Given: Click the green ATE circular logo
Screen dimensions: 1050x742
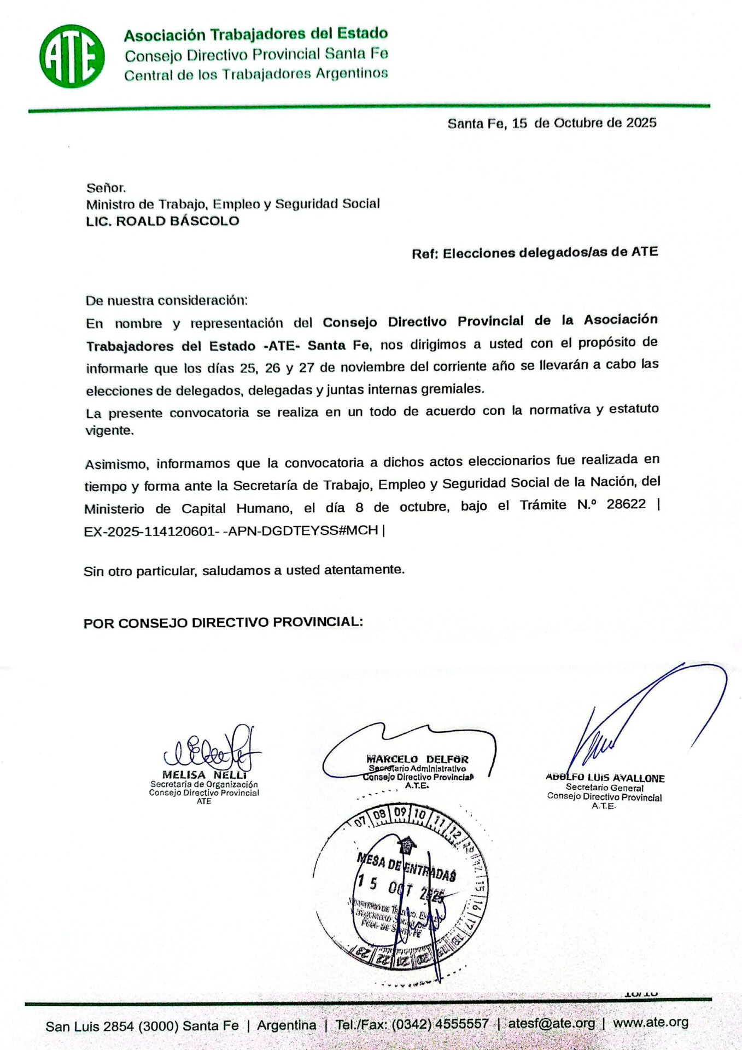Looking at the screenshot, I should tap(72, 56).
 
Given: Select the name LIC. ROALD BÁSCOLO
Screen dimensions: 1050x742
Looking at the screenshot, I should tap(162, 221).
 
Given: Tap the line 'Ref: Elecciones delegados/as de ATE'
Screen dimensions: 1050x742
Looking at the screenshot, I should tap(534, 253).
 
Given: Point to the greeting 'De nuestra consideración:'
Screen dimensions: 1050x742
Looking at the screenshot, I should tap(166, 300).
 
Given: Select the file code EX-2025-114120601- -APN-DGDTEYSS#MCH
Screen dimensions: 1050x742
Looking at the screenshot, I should tap(231, 530).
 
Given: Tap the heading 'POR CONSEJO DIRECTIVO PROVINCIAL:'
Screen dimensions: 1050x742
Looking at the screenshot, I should tap(223, 623).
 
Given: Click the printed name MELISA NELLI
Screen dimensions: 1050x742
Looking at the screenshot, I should tap(205, 775).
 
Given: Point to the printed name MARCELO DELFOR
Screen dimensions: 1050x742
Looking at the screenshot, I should tap(417, 759).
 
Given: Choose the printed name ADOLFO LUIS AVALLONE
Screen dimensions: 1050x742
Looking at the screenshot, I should tap(605, 778).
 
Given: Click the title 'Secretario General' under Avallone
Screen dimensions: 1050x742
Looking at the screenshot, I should tap(604, 788).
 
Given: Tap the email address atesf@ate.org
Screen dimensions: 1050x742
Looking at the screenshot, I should tap(551, 1023).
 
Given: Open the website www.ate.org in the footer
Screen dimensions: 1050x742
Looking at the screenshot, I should tap(650, 1023).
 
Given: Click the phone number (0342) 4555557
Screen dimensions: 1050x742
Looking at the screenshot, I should tap(440, 1024).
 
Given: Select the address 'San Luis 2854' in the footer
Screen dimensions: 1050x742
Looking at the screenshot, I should tap(90, 1026).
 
